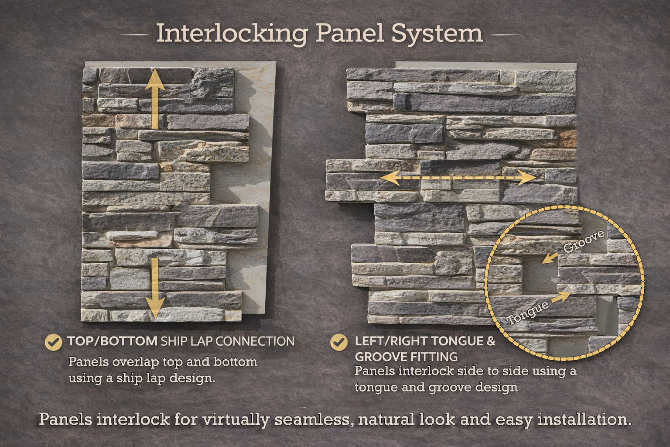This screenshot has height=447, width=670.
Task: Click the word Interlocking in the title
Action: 232,34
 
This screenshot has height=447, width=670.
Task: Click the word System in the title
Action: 437,34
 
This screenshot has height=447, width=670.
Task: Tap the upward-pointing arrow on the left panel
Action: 155,99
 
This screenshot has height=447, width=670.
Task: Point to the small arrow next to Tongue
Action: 561,297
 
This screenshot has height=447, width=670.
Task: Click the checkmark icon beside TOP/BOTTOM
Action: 54,342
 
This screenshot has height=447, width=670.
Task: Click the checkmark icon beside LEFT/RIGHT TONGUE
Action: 339,342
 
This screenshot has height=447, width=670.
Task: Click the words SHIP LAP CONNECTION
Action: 228,341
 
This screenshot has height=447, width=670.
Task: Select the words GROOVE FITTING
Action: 406,357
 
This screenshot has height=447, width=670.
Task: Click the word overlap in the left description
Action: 136,362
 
